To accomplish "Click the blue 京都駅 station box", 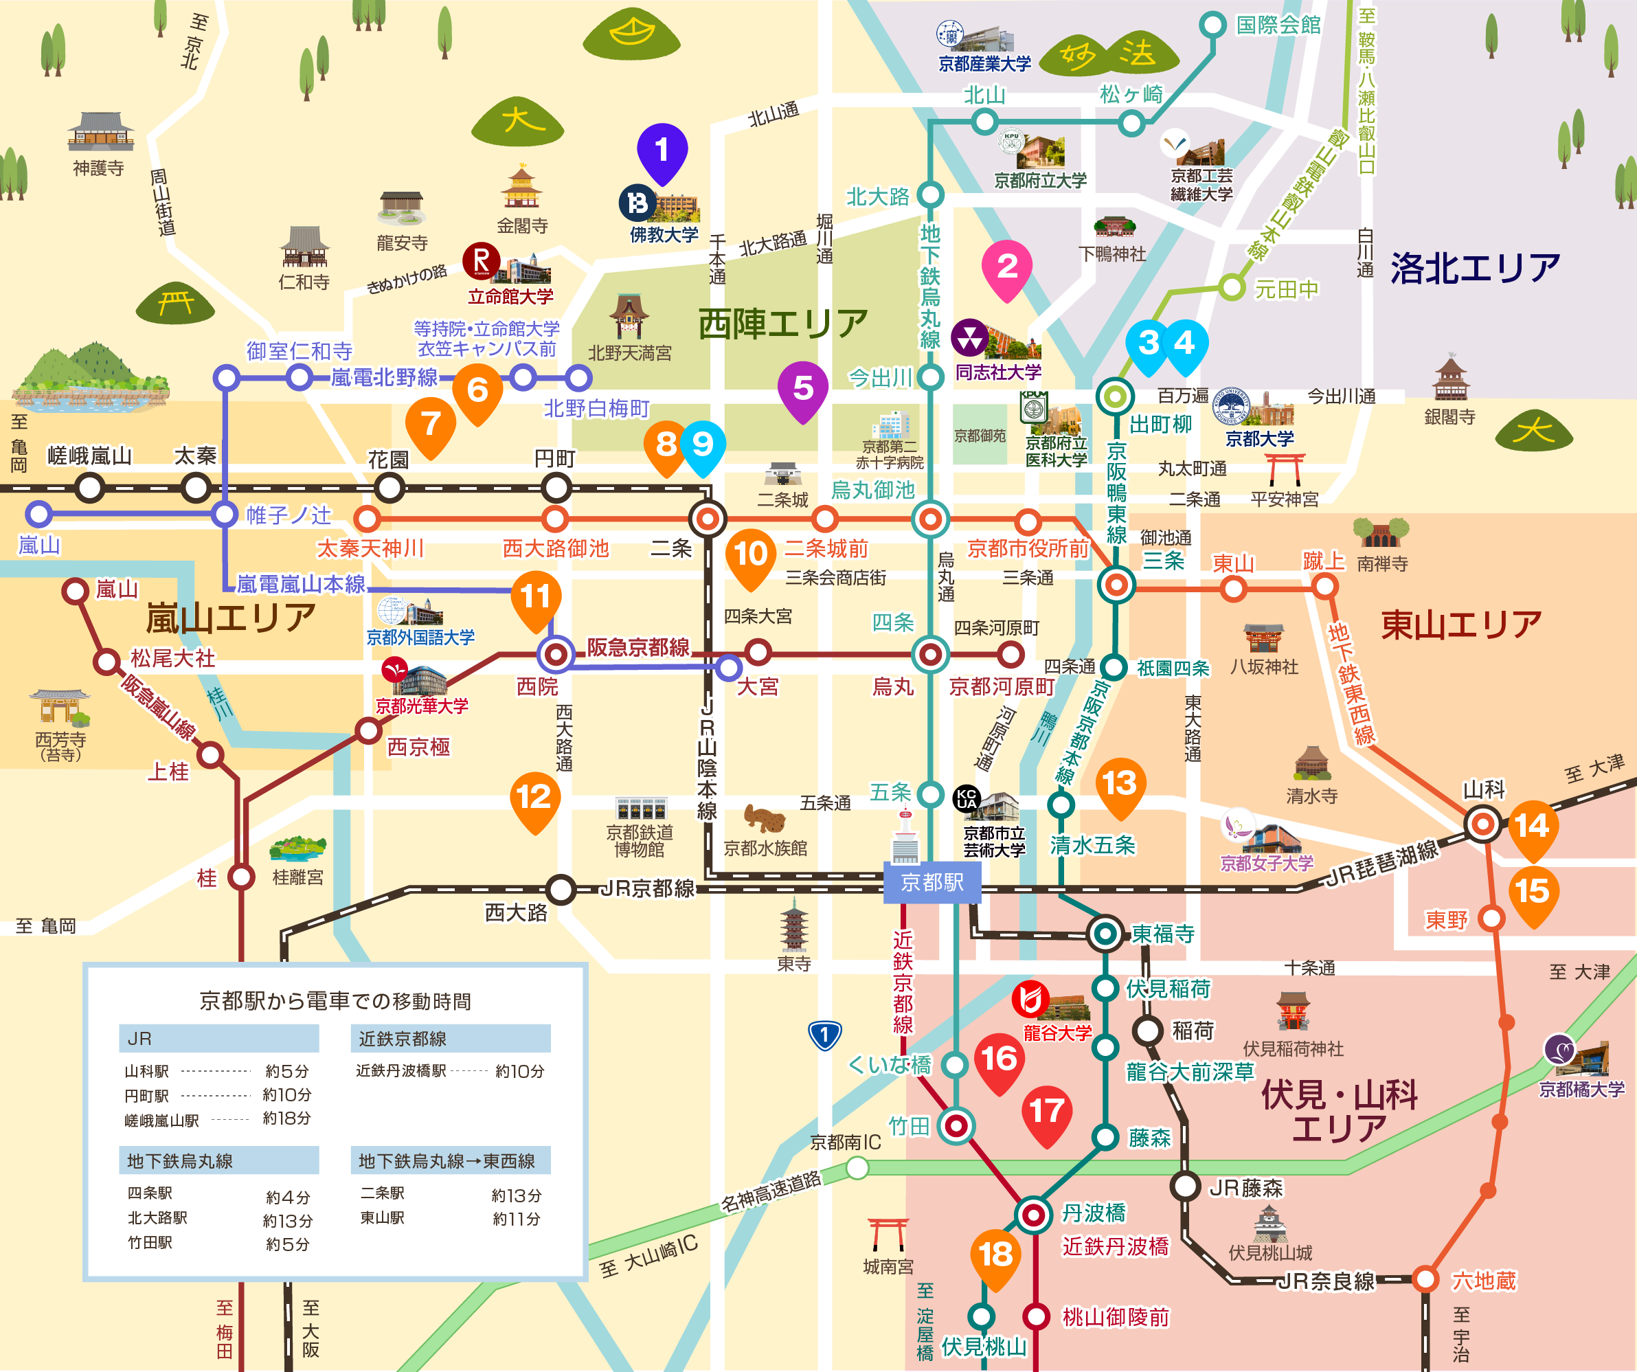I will coord(932,882).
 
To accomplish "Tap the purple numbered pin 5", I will coord(803,387).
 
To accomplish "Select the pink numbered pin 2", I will coord(1007,267).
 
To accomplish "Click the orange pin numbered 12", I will coord(534,798).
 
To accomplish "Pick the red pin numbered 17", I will coord(1046,1111).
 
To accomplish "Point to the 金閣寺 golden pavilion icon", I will coord(521,188).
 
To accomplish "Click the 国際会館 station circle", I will coord(1212,24).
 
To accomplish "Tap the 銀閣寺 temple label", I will coord(1449,417).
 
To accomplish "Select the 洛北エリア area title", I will coord(1475,268).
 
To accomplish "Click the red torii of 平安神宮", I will coord(1284,469).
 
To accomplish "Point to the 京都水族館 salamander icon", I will coord(765,818).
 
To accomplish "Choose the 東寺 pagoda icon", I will coord(793,925).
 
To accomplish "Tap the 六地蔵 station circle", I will coord(1425,1279).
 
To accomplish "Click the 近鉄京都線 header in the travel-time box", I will coord(450,1038).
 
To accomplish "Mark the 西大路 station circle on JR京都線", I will coord(561,889).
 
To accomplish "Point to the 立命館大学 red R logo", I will coord(482,261).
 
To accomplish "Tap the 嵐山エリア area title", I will coord(231,619).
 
